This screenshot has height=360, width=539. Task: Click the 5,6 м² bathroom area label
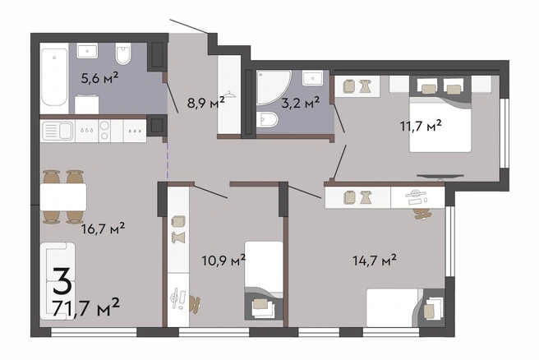click(x=99, y=78)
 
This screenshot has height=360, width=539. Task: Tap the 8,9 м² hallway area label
click(x=206, y=102)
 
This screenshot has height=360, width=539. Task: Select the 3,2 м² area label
click(x=301, y=103)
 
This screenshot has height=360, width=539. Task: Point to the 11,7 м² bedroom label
click(x=421, y=126)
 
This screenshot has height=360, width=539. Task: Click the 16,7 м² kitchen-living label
click(x=103, y=228)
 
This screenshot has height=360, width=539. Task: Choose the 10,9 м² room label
click(x=223, y=261)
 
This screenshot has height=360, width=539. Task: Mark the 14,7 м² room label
click(x=375, y=261)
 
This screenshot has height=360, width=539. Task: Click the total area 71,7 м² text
click(x=86, y=307)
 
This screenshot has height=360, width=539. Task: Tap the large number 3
click(x=62, y=281)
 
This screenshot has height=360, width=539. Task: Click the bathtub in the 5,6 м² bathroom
click(x=54, y=77)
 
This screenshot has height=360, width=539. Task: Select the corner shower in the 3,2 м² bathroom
click(x=274, y=86)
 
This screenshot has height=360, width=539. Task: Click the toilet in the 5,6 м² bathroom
click(x=123, y=53)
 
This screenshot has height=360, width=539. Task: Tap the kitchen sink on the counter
click(x=58, y=131)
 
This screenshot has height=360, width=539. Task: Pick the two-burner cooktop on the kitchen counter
click(x=105, y=131)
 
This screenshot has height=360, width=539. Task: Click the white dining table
click(x=63, y=196)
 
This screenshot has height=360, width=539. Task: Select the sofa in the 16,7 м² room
click(x=57, y=281)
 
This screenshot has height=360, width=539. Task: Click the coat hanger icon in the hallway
click(x=229, y=95)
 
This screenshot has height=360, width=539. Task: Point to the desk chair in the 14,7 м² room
click(x=422, y=214)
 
